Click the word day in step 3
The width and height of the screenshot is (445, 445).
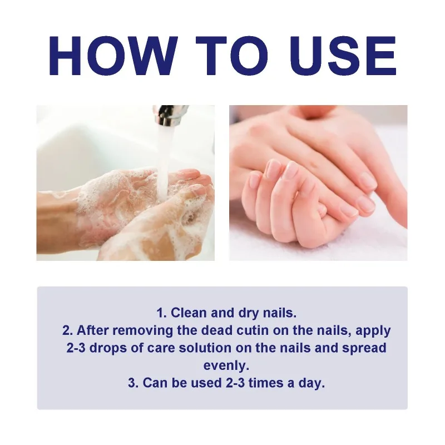313,383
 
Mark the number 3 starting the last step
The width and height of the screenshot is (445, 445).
132,383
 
